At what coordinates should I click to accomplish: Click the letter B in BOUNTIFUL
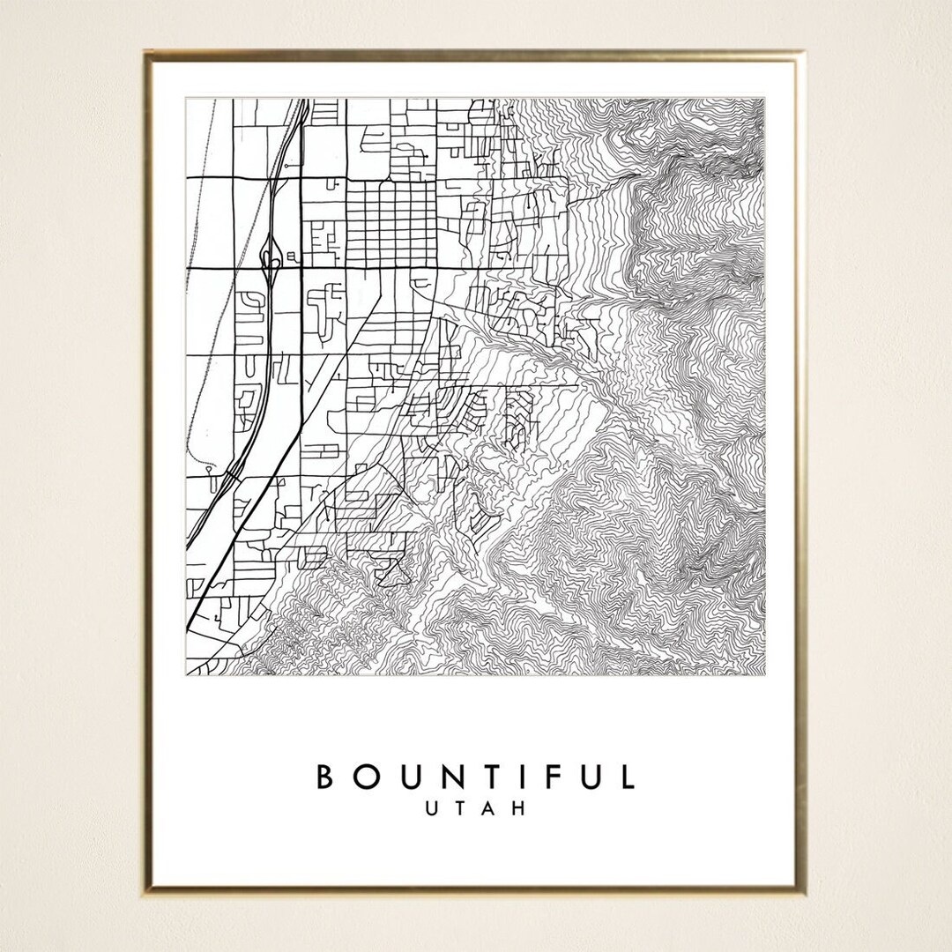324,777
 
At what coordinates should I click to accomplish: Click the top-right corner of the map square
764,98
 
